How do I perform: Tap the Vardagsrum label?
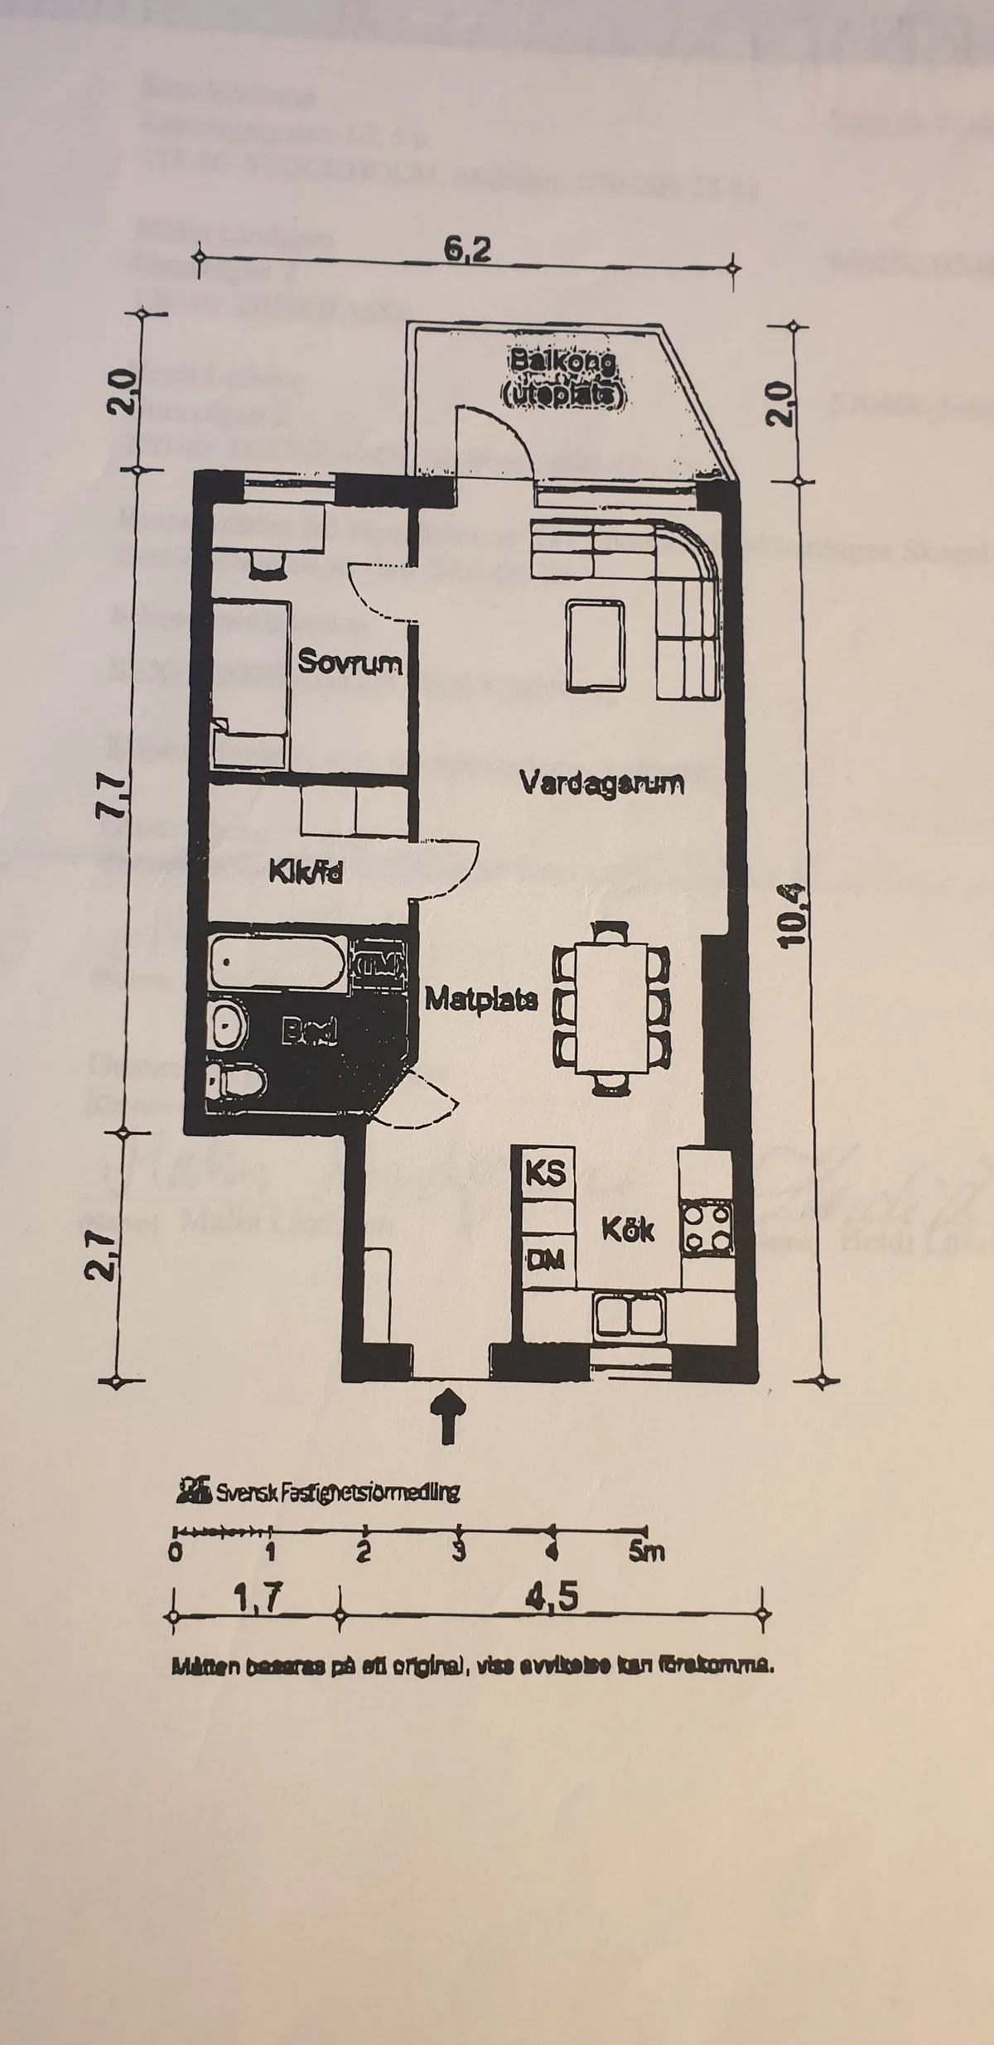[x=601, y=783]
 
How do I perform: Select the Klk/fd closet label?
[x=306, y=872]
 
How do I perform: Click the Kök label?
[x=628, y=1229]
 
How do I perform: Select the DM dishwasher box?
[x=545, y=1260]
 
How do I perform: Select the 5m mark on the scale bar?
[x=645, y=1551]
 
